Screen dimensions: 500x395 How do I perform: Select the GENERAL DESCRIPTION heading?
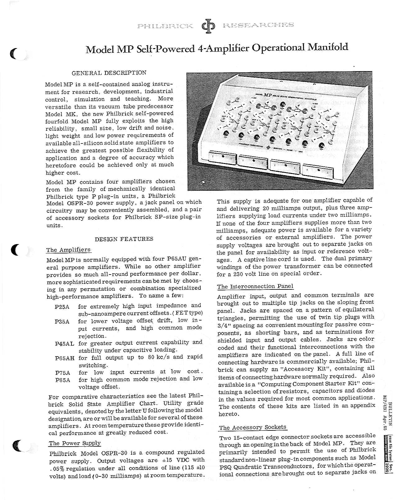point(109,73)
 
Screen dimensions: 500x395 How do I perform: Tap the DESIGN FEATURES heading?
point(124,239)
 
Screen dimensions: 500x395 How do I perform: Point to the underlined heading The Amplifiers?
point(68,250)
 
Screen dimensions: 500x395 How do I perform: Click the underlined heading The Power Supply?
point(75,443)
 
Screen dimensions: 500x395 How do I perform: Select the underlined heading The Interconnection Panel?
point(255,286)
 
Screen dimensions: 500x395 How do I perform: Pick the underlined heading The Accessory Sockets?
point(252,427)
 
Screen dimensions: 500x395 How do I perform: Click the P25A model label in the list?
point(62,307)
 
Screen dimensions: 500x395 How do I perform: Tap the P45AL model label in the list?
point(65,343)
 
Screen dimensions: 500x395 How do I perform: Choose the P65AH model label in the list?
point(65,358)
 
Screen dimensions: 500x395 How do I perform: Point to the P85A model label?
point(62,380)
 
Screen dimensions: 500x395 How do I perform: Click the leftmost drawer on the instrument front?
point(223,158)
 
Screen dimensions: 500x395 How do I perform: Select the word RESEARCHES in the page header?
point(258,25)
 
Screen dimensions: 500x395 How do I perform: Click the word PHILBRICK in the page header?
point(165,26)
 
